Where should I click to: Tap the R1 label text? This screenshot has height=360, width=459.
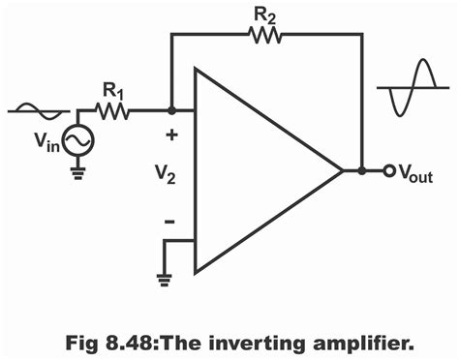point(113,91)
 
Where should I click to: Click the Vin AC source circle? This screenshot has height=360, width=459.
point(77,142)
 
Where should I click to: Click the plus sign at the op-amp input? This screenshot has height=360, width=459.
point(170,135)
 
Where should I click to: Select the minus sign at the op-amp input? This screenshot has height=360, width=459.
point(169,221)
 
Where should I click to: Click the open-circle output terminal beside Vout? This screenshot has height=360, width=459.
point(387,171)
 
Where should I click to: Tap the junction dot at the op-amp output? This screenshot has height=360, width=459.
point(361,171)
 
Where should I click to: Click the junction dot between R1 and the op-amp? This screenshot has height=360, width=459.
point(170,112)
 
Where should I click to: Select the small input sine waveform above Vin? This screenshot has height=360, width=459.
point(38,110)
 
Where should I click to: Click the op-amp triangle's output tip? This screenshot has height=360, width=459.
point(342,171)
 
